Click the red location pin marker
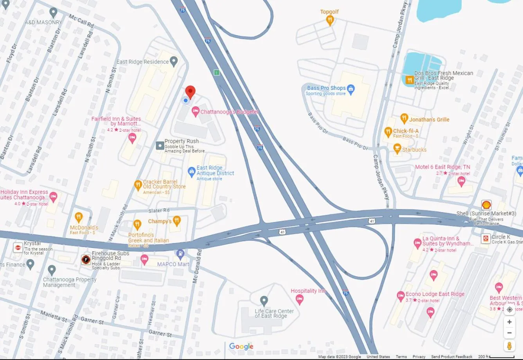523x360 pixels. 190,92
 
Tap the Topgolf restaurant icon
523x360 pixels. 330,20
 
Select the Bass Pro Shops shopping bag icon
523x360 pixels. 351,89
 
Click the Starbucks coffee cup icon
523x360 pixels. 397,149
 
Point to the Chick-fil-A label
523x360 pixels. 406,131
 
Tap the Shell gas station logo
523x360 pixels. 486,205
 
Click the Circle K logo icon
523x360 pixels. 485,238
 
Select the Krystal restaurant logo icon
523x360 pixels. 18,247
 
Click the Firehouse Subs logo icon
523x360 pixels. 86,260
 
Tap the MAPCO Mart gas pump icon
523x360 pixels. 180,254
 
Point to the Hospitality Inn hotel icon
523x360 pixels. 300,299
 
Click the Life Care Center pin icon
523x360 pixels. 264,301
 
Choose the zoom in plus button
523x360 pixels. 509,322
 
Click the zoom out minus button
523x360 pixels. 509,333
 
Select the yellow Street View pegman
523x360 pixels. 509,346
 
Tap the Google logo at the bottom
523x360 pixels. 241,346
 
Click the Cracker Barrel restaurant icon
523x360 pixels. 138,185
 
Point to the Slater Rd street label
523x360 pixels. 159,210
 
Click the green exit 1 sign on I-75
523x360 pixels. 216,72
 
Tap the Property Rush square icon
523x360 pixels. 160,145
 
